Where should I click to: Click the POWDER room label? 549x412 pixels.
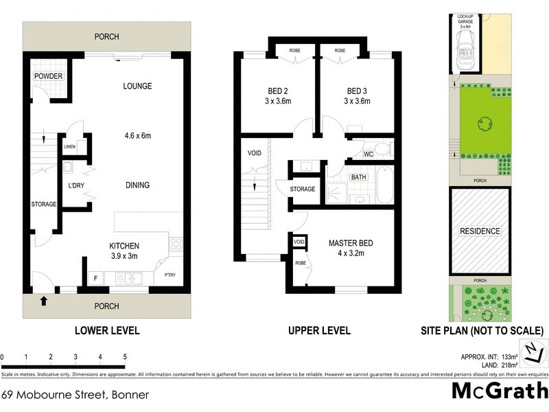click(x=47, y=76)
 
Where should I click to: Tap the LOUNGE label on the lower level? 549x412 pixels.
click(x=137, y=86)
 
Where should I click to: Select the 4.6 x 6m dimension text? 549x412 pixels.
click(x=137, y=136)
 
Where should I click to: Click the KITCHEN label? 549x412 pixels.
click(x=125, y=246)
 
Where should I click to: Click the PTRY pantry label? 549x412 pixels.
click(x=170, y=276)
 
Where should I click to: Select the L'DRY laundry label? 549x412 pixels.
click(x=75, y=185)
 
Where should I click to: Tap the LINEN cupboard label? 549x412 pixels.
click(x=70, y=147)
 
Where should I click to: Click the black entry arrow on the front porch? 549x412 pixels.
click(x=45, y=300)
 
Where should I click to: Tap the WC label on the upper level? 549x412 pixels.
click(x=367, y=153)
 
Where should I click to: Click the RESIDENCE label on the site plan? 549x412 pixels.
click(x=480, y=231)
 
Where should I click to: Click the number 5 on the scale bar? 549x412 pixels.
click(x=125, y=357)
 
